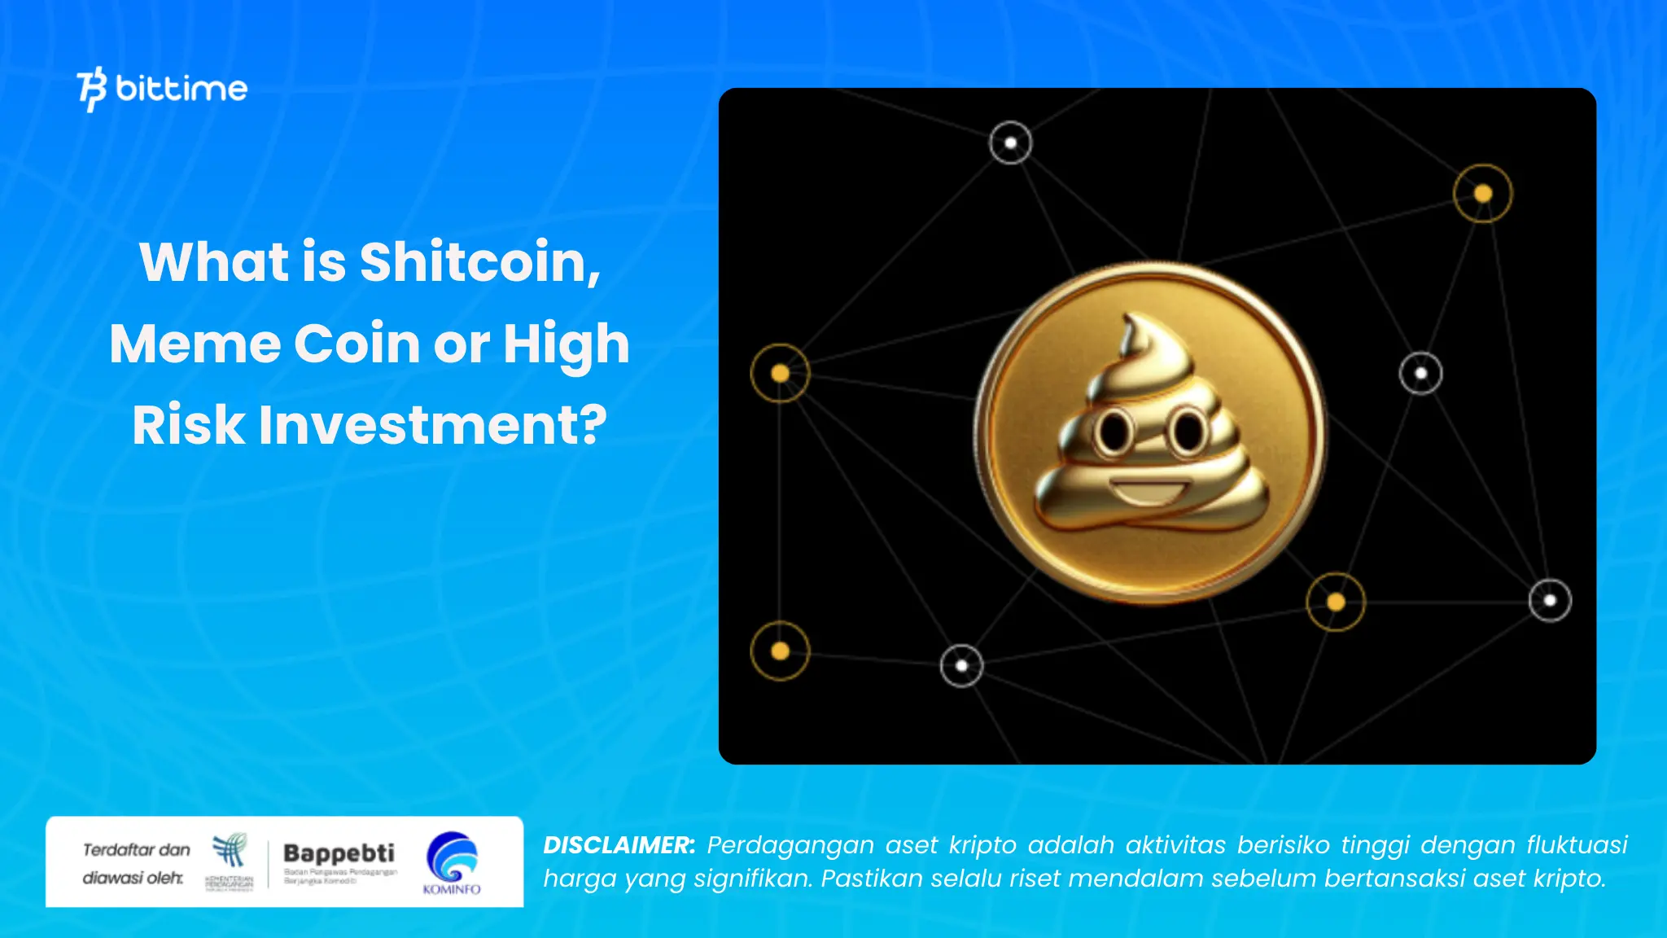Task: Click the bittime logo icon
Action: point(91,89)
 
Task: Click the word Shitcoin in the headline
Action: point(479,262)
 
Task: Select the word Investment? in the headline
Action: point(433,425)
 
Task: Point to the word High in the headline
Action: point(567,344)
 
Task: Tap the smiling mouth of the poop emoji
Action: point(1149,493)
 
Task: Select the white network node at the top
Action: point(1010,143)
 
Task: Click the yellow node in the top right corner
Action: point(1482,194)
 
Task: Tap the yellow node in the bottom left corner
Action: point(780,651)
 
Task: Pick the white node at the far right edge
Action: point(1550,601)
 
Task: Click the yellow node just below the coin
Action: point(1335,602)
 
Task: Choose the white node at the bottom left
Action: point(961,665)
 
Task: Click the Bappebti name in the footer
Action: point(339,853)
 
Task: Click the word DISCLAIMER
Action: point(619,845)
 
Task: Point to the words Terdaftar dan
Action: point(137,850)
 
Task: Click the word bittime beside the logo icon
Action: point(182,88)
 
